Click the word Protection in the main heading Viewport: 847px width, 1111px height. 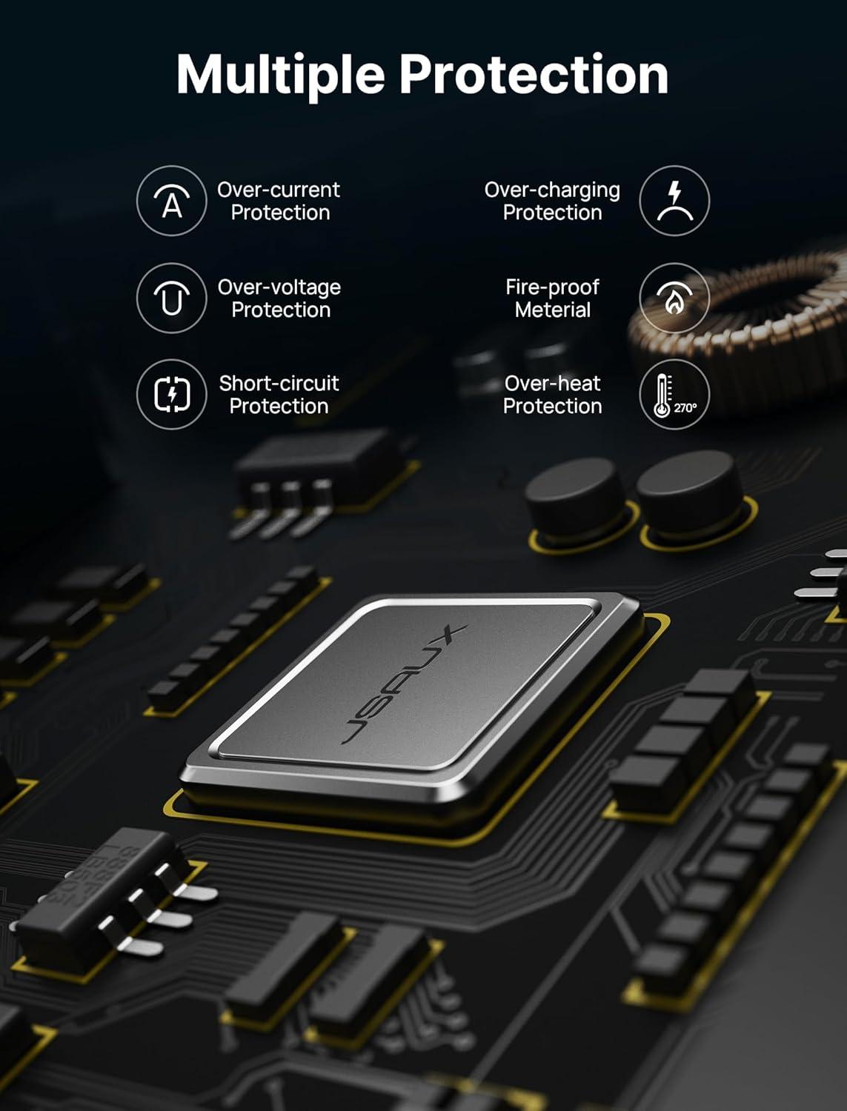534,74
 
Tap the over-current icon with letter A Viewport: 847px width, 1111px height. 172,201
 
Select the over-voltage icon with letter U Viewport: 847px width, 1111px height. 172,298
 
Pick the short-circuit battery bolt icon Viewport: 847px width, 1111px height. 172,394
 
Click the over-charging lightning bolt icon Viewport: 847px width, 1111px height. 674,201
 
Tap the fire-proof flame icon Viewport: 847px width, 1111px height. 674,298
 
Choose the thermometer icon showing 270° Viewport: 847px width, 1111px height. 674,394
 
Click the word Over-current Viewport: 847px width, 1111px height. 279,190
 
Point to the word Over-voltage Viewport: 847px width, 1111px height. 279,287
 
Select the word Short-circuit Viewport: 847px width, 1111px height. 279,383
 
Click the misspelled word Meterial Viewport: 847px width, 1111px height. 552,310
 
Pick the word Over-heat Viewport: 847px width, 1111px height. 552,383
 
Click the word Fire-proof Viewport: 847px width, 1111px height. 552,287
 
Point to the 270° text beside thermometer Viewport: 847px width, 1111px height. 685,408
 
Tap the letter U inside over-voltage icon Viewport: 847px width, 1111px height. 172,303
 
